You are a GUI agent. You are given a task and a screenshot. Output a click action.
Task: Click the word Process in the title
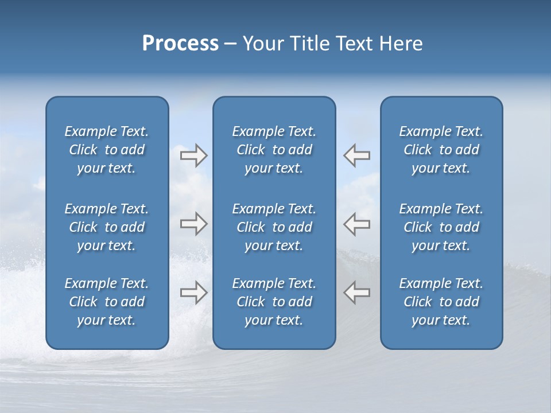tap(180, 44)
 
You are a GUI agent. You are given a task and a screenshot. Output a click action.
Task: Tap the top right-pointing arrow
tap(193, 155)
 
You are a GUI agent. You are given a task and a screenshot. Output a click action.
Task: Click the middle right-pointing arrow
tap(193, 224)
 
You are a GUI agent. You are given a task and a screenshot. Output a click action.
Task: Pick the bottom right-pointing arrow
tap(193, 293)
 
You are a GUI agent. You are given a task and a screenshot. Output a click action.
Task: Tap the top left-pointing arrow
tap(357, 155)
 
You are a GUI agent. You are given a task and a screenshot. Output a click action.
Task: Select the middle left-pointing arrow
tap(357, 224)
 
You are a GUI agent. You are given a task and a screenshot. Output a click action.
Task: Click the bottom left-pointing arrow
tap(357, 293)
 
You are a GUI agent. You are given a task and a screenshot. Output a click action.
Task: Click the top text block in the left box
tap(107, 150)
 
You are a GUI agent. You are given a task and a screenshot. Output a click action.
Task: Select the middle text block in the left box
tap(107, 227)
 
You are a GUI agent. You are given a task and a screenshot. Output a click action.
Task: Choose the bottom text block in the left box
tap(107, 302)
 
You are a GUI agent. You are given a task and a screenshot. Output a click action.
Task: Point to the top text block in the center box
tap(274, 150)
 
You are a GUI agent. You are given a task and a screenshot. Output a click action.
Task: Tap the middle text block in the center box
tap(274, 227)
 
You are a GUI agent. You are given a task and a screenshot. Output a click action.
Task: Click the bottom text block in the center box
tap(274, 302)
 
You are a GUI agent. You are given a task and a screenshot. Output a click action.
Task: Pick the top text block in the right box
tap(441, 150)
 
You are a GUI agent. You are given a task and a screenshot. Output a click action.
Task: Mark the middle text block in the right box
tap(441, 227)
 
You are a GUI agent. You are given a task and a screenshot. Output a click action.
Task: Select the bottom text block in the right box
tap(441, 302)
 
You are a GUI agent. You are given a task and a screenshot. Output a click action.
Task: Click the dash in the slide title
tap(230, 44)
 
